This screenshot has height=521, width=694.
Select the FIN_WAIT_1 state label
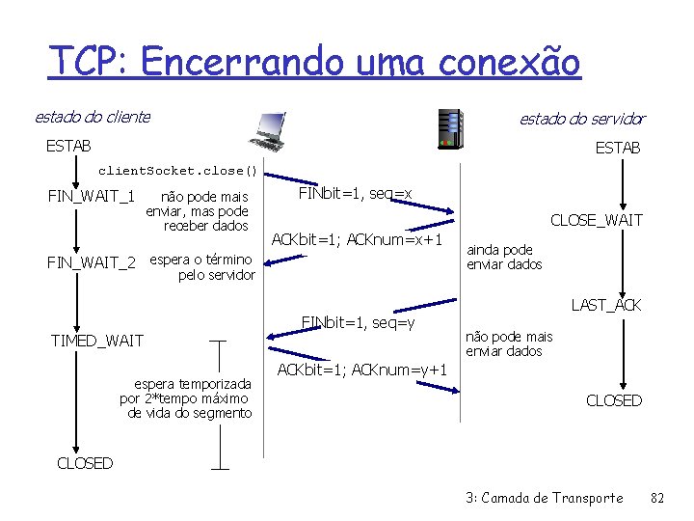(x=92, y=197)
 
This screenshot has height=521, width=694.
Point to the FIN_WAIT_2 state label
(x=92, y=260)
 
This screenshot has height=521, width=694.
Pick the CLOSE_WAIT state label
(x=596, y=221)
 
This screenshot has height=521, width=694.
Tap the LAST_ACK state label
(x=606, y=305)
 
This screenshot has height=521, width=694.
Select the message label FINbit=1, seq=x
(x=355, y=194)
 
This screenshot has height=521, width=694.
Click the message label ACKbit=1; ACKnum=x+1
(x=357, y=239)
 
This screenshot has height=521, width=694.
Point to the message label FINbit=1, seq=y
(x=358, y=321)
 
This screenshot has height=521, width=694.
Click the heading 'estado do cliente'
(x=93, y=117)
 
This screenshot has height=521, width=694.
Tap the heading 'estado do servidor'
(x=582, y=119)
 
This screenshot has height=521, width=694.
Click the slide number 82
(x=658, y=498)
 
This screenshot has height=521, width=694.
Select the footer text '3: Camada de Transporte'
(x=544, y=498)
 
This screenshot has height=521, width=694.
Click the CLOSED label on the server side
(x=614, y=400)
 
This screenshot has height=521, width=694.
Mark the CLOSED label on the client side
(x=85, y=463)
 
